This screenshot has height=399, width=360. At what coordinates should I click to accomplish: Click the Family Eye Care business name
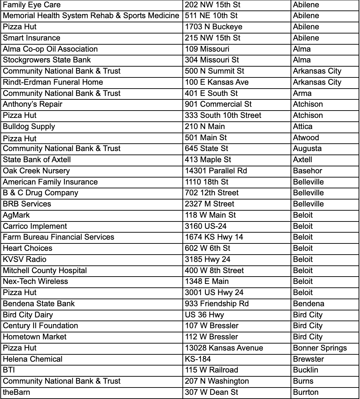point(32,5)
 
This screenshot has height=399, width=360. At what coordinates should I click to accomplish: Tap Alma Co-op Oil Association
point(50,49)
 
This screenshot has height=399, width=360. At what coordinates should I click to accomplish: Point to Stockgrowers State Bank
point(47,60)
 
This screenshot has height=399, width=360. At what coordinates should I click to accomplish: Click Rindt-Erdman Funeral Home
point(53,82)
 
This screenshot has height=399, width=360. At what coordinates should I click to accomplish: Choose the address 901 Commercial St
point(218,104)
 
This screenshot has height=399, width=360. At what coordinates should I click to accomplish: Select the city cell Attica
point(303,126)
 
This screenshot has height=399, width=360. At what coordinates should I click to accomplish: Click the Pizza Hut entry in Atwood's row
point(20,138)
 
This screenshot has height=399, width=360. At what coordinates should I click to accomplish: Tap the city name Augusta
point(307,149)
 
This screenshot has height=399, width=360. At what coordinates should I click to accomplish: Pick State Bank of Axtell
point(37,160)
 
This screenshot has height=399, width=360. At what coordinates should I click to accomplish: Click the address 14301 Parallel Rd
point(216,171)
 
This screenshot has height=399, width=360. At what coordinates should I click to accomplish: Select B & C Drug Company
point(40,193)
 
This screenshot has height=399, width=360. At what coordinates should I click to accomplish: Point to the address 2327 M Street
point(210,204)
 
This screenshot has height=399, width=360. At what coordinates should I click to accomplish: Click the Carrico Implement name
point(35,226)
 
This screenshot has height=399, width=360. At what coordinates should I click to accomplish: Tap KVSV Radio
point(24,259)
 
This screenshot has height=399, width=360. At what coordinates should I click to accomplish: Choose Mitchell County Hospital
point(45,271)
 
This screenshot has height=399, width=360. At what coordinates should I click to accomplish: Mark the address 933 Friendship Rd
point(217,304)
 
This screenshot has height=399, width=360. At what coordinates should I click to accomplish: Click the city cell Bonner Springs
point(320,348)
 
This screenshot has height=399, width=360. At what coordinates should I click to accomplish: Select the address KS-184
point(198,359)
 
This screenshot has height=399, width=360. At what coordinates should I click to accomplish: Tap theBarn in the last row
point(16,392)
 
